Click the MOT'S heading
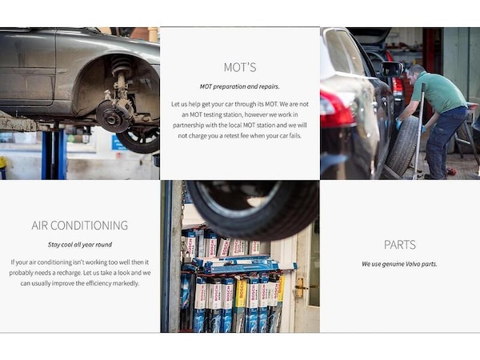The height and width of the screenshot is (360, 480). pos(240,67)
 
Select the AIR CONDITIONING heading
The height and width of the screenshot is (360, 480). pos(79,226)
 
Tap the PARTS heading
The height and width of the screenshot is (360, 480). pos(400,245)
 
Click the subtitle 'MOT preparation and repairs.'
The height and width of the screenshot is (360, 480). pos(240,86)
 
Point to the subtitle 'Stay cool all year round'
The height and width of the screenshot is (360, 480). pos(80,245)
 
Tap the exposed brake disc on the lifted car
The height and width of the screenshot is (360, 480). pos(113,116)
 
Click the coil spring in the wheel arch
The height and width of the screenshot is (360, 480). pos(122,65)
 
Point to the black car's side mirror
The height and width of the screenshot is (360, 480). pos(391,69)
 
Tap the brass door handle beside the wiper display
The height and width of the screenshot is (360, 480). pos(300,287)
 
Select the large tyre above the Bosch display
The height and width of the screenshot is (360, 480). pos(253,209)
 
